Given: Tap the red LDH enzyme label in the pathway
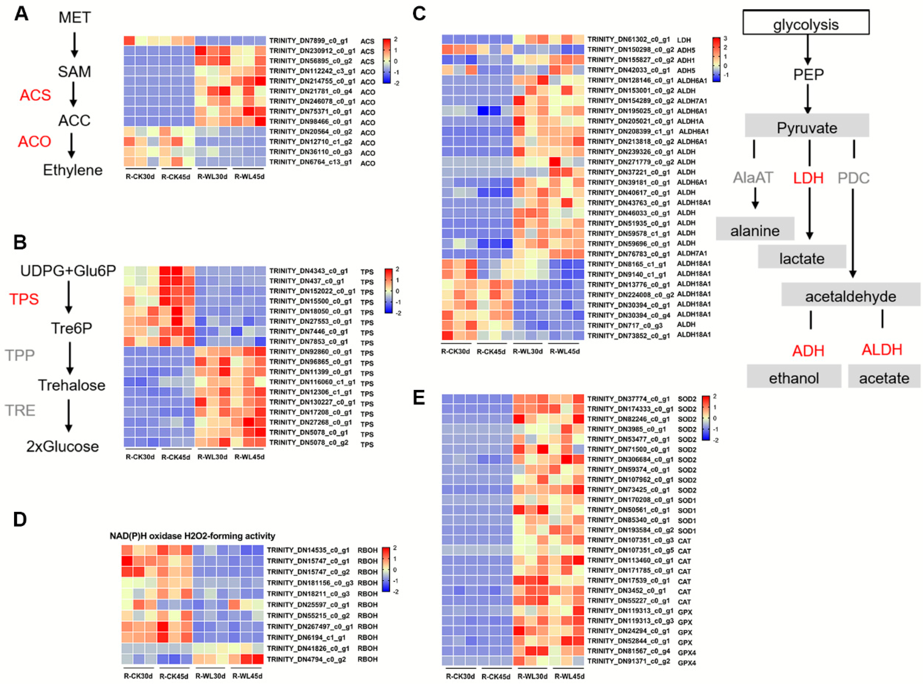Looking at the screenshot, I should [808, 178].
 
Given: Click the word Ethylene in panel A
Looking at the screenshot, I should [73, 170].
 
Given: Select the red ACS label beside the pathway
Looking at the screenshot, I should [36, 95].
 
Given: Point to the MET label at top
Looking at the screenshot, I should [74, 17].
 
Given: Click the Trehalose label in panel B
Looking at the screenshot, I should [72, 385].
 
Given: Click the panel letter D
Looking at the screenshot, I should [20, 519].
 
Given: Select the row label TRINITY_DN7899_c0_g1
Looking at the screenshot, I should [309, 41].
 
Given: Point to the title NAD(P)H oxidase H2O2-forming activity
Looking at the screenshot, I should [192, 536].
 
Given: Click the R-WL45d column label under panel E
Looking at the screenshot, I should [569, 676].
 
